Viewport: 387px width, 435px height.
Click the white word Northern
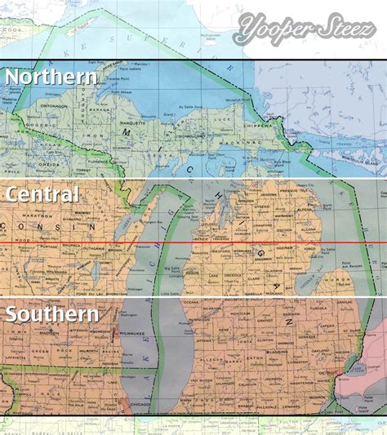pos(51,78)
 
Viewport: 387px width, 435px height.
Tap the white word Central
pos(42,194)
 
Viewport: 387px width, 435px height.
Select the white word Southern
pos(51,313)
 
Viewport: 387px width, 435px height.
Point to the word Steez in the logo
pos(342,33)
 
